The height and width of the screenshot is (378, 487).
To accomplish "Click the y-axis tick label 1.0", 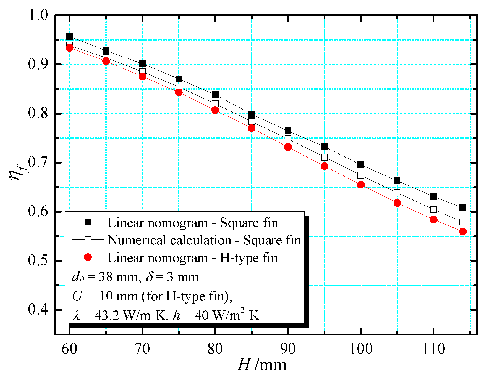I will click(38, 16).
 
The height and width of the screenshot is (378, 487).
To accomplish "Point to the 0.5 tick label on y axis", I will click(38, 261).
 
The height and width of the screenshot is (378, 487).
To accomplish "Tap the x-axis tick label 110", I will click(433, 349).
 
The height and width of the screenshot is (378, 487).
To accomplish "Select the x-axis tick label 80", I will click(215, 349).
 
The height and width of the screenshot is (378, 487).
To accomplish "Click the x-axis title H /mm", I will click(262, 365).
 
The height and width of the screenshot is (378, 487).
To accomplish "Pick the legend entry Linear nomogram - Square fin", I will click(192, 223).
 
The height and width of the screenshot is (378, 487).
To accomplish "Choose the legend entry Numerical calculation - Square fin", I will click(204, 240).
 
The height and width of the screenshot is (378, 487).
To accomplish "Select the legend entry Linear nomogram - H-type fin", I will click(192, 258).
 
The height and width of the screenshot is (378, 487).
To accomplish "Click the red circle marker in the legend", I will click(88, 257).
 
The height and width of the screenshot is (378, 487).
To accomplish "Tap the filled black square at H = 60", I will click(69, 36).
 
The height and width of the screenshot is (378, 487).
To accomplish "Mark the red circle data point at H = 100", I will click(361, 185).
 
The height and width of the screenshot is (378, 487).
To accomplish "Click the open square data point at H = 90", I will click(288, 139).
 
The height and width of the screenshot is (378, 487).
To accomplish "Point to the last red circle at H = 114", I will click(463, 231).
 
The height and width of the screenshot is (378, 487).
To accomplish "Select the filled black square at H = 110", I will click(434, 196).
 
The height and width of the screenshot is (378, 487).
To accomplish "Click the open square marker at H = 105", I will click(397, 193).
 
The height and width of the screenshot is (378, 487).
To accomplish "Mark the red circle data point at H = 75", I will click(179, 92).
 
